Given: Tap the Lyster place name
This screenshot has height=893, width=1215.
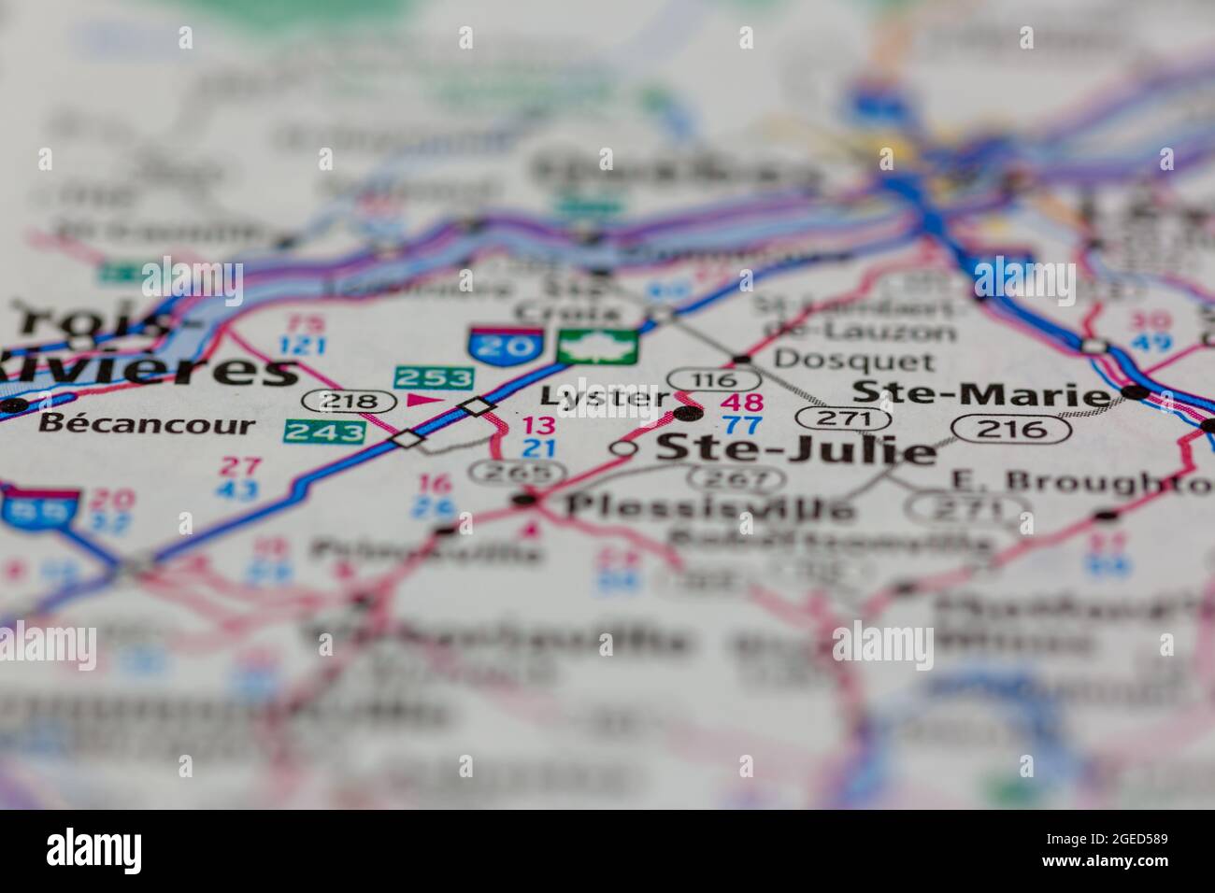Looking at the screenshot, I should [593, 397].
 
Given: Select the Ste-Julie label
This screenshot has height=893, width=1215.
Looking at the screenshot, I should [794, 449].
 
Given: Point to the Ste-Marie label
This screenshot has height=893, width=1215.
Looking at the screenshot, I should [981, 394].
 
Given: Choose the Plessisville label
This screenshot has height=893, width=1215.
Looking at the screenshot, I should [710, 507].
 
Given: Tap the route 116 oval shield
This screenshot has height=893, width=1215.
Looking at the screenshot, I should [714, 379].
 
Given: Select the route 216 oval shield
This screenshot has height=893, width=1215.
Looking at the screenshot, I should [1011, 429].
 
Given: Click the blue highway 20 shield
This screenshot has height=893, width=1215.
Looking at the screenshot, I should [506, 345].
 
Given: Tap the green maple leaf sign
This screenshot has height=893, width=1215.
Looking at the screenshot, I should [598, 345].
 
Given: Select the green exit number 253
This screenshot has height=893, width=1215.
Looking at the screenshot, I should [434, 377].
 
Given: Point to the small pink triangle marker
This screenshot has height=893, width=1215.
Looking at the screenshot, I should [422, 401].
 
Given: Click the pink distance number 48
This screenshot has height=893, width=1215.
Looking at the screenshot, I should [744, 404].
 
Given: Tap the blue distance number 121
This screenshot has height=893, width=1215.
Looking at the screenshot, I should [303, 347].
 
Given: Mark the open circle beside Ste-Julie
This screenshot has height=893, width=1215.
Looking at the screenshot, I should [622, 449].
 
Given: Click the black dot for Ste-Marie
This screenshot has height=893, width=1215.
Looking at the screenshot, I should [1135, 392].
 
